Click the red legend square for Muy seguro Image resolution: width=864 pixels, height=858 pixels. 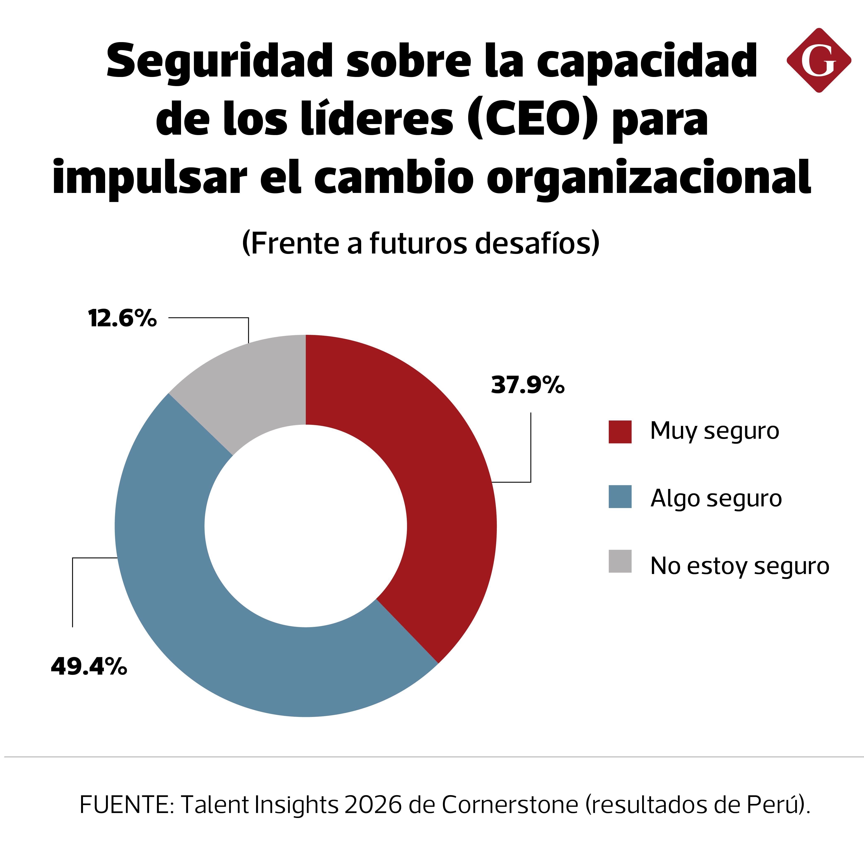point(620,432)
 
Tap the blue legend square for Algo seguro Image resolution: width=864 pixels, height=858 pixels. point(620,497)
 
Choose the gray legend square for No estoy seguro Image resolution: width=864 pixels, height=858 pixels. point(620,561)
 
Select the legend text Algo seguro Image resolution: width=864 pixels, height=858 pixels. point(716,498)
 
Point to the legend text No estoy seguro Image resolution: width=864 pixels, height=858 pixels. point(739,566)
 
